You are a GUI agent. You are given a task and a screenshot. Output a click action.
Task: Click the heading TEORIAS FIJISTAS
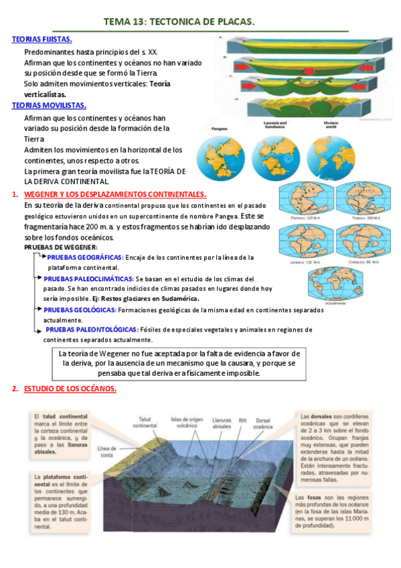pyautogui.click(x=42, y=40)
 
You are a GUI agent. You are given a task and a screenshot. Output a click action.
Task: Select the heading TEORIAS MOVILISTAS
pyautogui.click(x=49, y=105)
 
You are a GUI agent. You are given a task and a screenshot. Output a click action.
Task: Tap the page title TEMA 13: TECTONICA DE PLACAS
pyautogui.click(x=179, y=23)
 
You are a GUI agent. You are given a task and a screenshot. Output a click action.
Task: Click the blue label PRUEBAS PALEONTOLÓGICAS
pyautogui.click(x=92, y=330)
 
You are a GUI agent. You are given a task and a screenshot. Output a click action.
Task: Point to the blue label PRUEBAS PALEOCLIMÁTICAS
pyautogui.click(x=88, y=279)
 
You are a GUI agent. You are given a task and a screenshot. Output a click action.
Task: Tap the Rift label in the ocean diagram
pyautogui.click(x=243, y=423)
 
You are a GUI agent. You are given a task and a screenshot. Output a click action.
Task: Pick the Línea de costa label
pyautogui.click(x=107, y=451)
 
